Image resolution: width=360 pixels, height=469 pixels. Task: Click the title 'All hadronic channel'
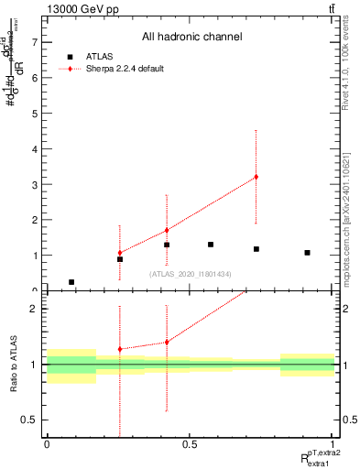(191, 38)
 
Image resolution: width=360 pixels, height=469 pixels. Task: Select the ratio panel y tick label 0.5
(31, 420)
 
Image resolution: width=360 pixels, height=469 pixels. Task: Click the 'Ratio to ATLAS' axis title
(14, 365)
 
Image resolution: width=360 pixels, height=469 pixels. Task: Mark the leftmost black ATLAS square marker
(71, 282)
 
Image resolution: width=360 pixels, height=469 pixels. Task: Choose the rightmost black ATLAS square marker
(307, 253)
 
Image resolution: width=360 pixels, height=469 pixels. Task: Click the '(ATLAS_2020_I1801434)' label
(191, 274)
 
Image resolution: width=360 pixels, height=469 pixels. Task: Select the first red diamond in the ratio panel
(120, 349)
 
